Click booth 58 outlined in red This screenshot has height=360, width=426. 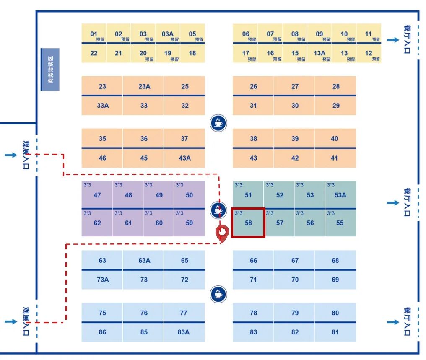point(248,223)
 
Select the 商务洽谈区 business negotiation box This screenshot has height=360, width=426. point(50,70)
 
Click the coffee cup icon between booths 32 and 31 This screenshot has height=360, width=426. point(218,123)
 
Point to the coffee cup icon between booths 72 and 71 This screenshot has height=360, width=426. point(218,294)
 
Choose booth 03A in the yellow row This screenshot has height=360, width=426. point(168,34)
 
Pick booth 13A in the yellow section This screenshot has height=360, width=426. point(319,53)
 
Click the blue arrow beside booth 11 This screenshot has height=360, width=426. point(392,39)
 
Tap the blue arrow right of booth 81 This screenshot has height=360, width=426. point(392,322)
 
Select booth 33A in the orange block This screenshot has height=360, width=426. point(103,106)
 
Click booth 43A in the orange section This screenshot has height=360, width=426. point(184,158)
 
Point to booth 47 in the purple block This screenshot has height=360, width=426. point(97,195)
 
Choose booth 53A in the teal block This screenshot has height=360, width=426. point(340,195)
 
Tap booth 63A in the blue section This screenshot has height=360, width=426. point(144,261)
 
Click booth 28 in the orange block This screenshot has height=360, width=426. point(336,87)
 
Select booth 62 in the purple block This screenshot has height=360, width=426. point(97,223)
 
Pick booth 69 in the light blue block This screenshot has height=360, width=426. point(335,280)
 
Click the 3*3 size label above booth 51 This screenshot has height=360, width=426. point(239,185)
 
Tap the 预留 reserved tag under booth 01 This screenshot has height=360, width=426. point(100,40)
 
